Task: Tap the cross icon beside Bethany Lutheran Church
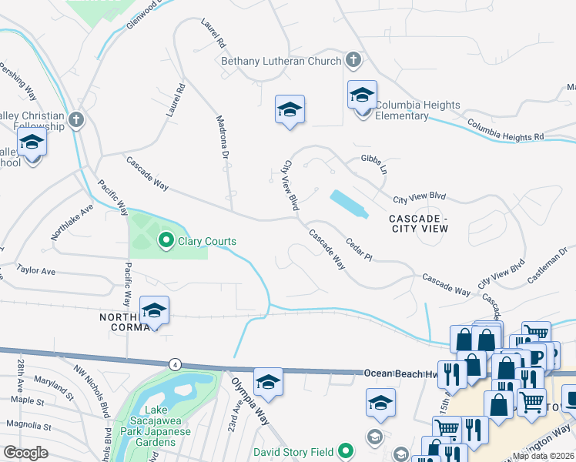point(353,59)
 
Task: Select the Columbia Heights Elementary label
point(417,110)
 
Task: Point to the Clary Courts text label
point(206,241)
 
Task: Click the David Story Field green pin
point(347,450)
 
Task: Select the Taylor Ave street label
point(37,271)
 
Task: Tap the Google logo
point(25,452)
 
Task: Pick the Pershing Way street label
point(20,81)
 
